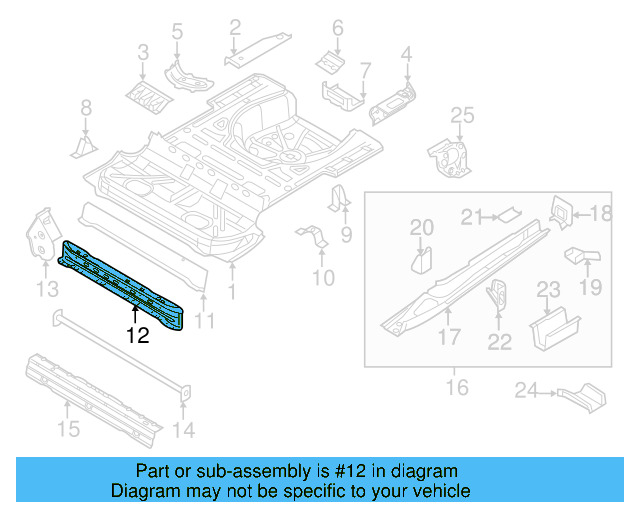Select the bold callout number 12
[138, 336]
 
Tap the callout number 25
[461, 118]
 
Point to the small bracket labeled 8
[82, 147]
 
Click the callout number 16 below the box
[456, 386]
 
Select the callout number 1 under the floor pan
[233, 293]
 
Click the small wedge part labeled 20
[421, 261]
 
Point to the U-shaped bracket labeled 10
[312, 241]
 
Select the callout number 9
[347, 235]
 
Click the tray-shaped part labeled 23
[553, 327]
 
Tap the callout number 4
[407, 53]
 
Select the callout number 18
[600, 213]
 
